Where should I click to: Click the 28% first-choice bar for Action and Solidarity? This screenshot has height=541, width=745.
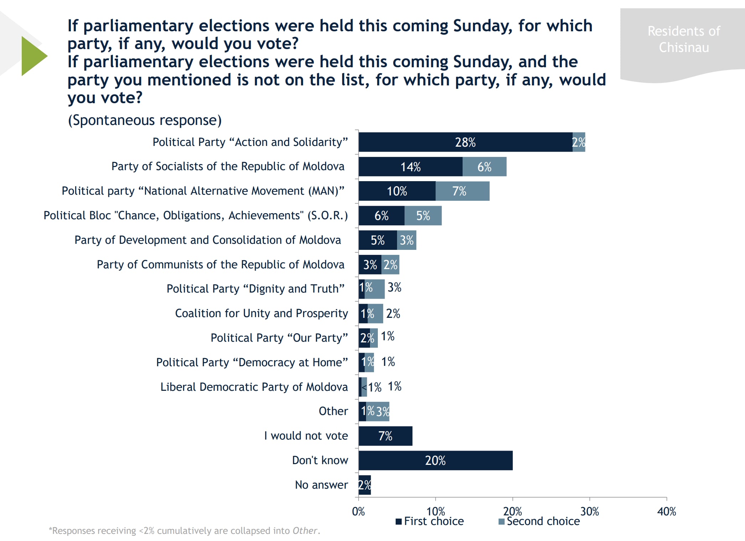point(465,142)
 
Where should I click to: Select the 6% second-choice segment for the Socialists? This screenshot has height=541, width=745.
point(484,167)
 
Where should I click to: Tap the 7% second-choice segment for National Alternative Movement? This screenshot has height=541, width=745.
point(462,191)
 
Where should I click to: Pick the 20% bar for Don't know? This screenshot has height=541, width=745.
point(435,461)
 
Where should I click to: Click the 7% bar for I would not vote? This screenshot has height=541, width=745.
point(385,436)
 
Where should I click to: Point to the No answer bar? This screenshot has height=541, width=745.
point(365,485)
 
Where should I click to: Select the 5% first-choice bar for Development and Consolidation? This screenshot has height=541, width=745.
point(377,240)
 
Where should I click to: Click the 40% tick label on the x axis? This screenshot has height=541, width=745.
point(666,512)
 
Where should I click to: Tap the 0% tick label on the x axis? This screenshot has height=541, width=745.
point(358,512)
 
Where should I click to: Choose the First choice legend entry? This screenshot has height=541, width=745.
point(430,521)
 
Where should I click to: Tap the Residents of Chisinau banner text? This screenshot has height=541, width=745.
point(684,39)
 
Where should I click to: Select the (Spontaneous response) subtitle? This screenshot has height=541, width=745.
point(145,120)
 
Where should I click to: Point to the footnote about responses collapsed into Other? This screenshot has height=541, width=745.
point(184,531)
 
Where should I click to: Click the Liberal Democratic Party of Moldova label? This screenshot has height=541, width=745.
point(254,387)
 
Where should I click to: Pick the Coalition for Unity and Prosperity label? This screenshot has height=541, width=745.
point(261,313)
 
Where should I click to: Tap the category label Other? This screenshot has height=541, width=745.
point(333,411)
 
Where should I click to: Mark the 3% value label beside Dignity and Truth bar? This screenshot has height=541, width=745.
point(395,287)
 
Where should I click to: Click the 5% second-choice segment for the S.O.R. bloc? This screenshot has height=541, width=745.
point(423,216)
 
